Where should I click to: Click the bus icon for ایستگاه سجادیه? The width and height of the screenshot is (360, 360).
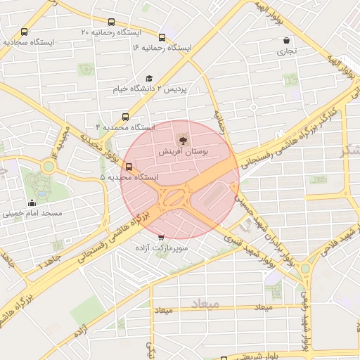(x=25, y=32)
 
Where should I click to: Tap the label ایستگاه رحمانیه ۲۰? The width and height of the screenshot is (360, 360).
(x=110, y=32)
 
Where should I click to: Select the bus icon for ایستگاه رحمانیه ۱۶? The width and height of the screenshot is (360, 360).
(x=162, y=37)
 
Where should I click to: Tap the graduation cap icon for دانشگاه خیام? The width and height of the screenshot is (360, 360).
(x=148, y=79)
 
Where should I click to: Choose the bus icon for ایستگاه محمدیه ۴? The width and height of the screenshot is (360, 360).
(x=125, y=117)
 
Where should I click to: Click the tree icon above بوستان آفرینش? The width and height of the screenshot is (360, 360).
(x=184, y=141)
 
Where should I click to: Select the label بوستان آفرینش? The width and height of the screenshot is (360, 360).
(x=184, y=152)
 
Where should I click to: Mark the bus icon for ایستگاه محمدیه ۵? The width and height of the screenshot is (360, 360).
(x=128, y=167)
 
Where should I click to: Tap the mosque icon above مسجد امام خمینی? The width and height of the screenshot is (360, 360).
(x=31, y=203)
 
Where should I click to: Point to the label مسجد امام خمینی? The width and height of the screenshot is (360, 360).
(x=34, y=212)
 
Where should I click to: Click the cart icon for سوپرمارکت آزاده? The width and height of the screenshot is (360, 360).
(x=162, y=238)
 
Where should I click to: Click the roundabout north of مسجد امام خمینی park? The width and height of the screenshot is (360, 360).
(x=49, y=167)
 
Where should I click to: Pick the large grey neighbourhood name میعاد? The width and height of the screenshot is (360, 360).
(x=205, y=304)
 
